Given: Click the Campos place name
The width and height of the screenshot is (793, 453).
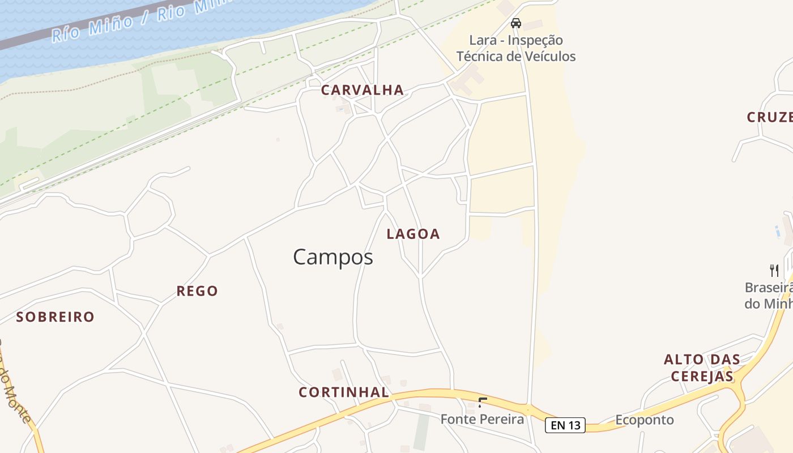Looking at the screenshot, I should pyautogui.click(x=333, y=258).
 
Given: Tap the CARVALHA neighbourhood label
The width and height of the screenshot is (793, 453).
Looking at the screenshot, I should pyautogui.click(x=363, y=90).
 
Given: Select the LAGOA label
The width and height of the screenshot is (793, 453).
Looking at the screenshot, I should pyautogui.click(x=413, y=234).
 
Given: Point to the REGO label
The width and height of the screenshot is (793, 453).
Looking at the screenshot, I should pyautogui.click(x=197, y=292).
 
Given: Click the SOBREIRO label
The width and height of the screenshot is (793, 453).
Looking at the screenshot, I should pyautogui.click(x=55, y=317).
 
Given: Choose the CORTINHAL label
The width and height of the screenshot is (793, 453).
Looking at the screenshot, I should pyautogui.click(x=344, y=392).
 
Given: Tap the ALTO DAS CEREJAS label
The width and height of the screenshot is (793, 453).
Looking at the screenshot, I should pyautogui.click(x=702, y=367).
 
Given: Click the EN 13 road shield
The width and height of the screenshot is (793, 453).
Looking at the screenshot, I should pyautogui.click(x=565, y=425).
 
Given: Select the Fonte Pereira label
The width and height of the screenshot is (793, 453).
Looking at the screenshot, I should pyautogui.click(x=482, y=420).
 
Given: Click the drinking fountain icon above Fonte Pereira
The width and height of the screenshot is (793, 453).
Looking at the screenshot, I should pyautogui.click(x=482, y=403).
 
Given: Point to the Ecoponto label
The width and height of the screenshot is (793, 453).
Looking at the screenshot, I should pyautogui.click(x=645, y=420).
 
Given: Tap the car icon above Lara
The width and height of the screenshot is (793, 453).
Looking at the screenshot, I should pyautogui.click(x=515, y=23).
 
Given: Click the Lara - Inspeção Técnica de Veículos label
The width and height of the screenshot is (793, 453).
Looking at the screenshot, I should pyautogui.click(x=516, y=49).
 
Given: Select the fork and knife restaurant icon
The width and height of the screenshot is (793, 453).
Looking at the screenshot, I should pyautogui.click(x=774, y=270).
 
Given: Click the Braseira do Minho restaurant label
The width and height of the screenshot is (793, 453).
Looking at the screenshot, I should pyautogui.click(x=768, y=296).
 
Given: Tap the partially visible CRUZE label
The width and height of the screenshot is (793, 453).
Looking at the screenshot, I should pyautogui.click(x=769, y=117).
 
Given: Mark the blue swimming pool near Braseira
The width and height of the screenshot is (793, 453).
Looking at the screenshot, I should pyautogui.click(x=777, y=230).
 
